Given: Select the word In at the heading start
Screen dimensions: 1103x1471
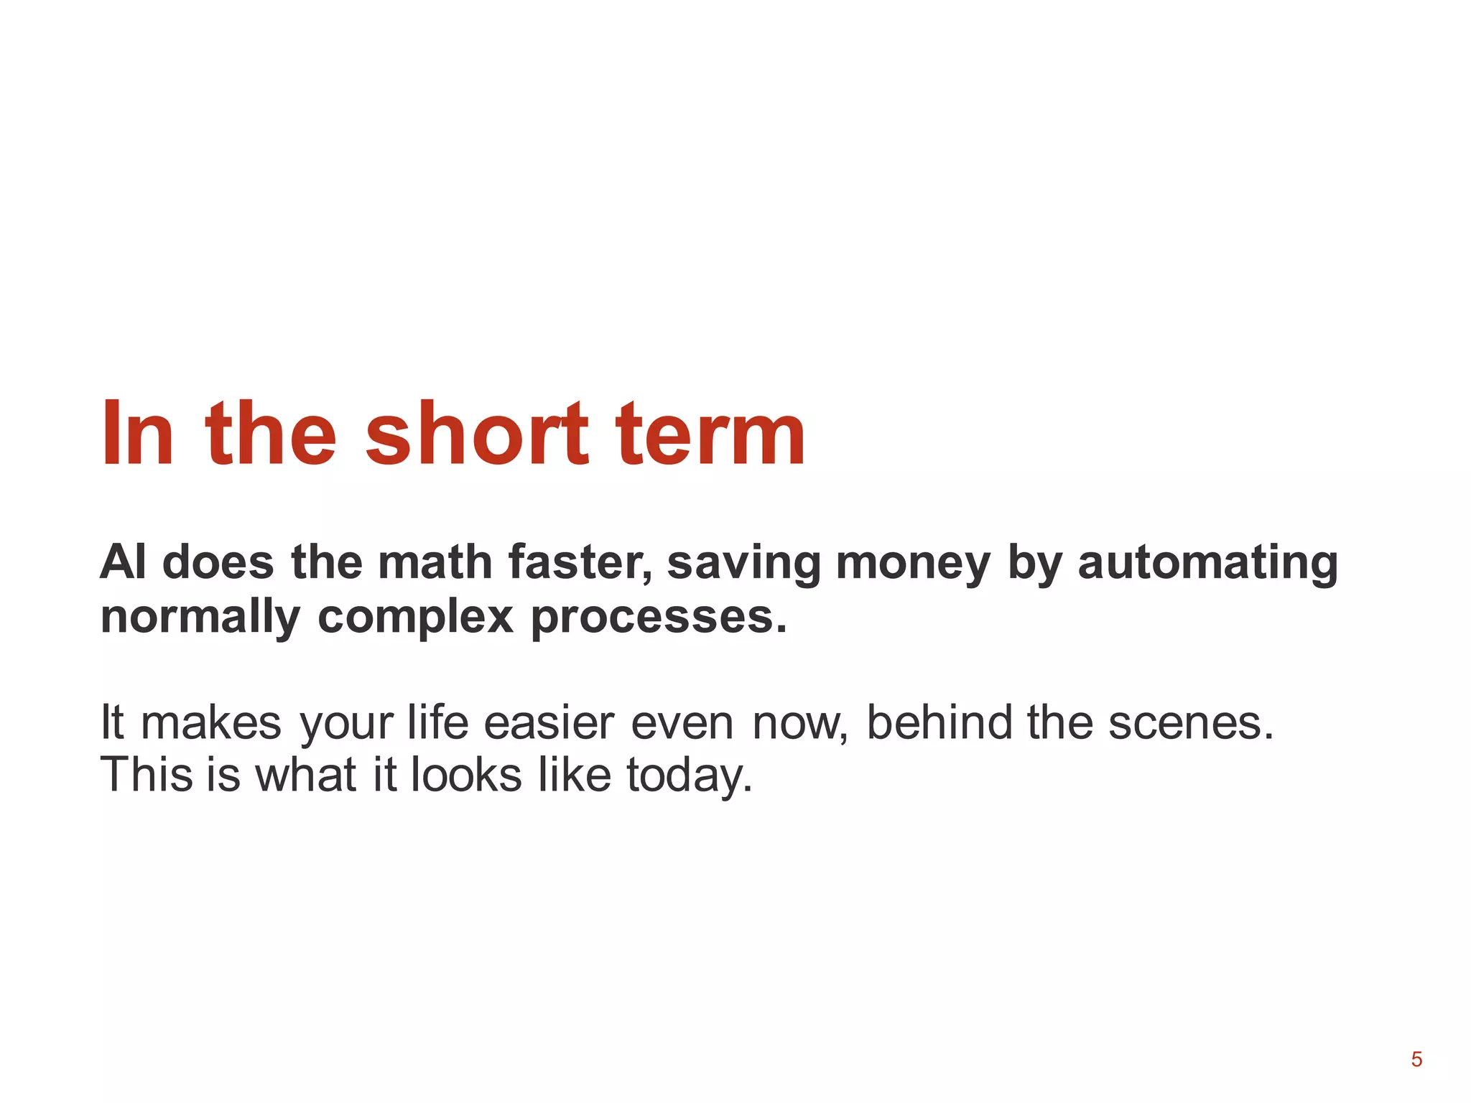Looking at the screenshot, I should pos(137,434).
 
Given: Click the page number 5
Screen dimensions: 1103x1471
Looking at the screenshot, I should pos(1416,1059).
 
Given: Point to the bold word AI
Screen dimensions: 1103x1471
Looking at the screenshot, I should pos(123,562).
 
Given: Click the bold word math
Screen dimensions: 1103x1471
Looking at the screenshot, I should pos(435,562).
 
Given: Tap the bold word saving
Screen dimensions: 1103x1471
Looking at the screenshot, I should pos(744,563).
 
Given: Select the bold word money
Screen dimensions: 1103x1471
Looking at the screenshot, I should pos(913,563).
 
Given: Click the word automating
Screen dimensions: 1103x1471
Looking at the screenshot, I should pos(1207,563).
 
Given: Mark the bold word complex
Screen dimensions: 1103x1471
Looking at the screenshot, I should pos(415,617).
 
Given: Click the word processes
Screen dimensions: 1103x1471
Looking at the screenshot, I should pos(659,617).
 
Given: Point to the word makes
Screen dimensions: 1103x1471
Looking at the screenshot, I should pos(210,722).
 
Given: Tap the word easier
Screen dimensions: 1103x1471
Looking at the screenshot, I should pos(549,722).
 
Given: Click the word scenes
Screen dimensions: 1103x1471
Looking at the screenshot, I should pos(1190,722).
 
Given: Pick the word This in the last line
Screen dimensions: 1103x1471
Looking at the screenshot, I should pos(147,776).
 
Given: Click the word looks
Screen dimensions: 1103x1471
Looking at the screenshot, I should pos(466,776).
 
